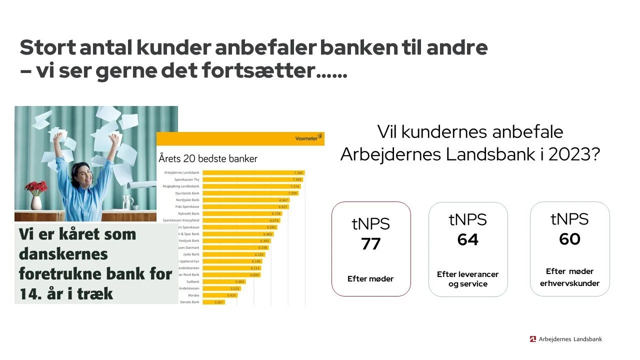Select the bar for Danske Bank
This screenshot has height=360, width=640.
tap(214, 302)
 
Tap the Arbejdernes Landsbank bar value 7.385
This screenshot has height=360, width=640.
tap(298, 172)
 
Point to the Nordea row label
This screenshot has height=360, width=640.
tap(193, 295)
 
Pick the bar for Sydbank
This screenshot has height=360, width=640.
tap(224, 281)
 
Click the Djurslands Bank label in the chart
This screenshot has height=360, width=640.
tap(187, 193)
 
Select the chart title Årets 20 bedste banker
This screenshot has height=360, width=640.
tap(208, 159)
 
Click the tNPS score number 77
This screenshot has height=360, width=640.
tap(371, 244)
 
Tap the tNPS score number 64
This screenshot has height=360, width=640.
tap(468, 240)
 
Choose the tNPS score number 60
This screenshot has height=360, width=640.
tap(569, 239)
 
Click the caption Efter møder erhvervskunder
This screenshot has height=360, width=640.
tap(569, 277)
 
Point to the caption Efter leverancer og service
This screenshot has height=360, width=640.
tap(468, 279)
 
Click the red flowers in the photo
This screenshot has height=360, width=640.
tap(36, 187)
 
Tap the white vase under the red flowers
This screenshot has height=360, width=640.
tap(36, 202)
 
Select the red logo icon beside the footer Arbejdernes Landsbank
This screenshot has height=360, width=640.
tap(532, 339)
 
